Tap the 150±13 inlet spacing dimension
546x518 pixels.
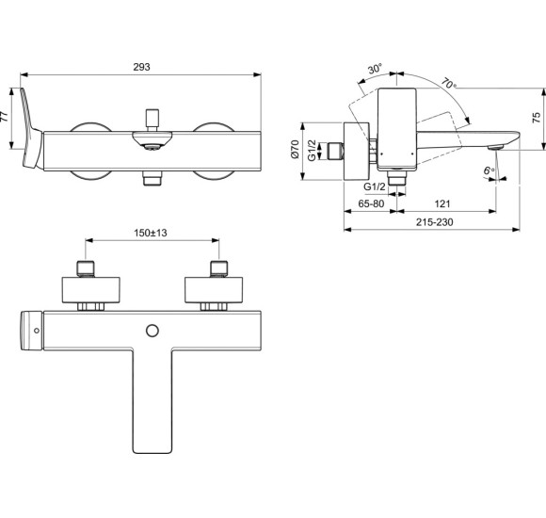coord(150,232)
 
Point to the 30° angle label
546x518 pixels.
coord(375,70)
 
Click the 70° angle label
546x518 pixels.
coord(447,86)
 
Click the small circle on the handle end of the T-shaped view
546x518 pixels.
coord(36,331)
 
